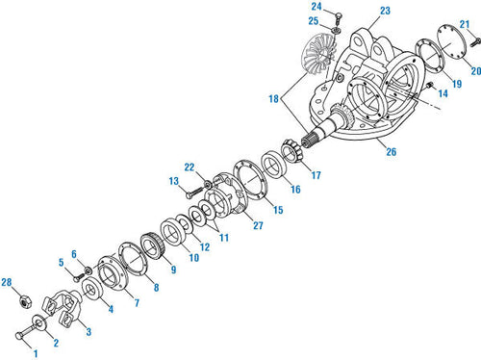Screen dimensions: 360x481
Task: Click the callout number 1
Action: pos(37,353)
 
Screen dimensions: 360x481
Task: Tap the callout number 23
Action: pos(358,11)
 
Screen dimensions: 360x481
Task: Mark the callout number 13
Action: pos(174,180)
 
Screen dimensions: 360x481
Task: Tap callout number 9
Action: pos(173,270)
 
